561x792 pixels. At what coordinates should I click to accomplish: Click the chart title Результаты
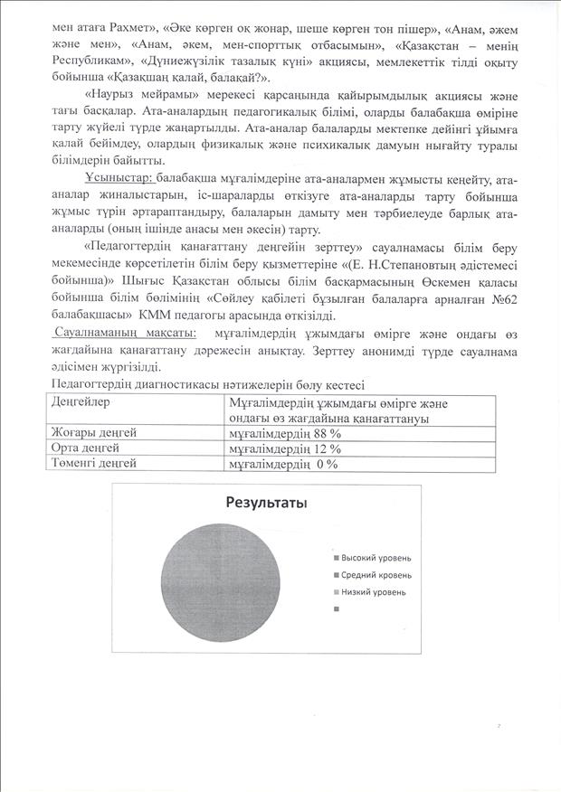265,503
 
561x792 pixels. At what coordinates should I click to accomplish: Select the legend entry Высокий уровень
376,557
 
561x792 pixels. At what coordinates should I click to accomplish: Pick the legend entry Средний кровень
376,574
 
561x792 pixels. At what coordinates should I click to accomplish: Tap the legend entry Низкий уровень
373,591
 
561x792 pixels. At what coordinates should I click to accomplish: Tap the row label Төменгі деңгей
94,463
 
